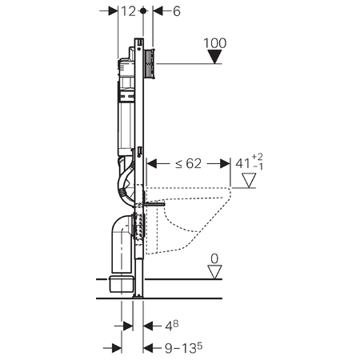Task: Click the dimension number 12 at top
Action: [129, 11]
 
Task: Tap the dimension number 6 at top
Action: [177, 11]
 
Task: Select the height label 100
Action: [215, 43]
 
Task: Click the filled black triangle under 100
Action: [215, 57]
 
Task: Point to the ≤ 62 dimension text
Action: [188, 164]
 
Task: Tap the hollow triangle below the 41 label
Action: [249, 181]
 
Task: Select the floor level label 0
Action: [214, 258]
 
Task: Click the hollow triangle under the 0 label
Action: [214, 272]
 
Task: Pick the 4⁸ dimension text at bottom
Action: [171, 326]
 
